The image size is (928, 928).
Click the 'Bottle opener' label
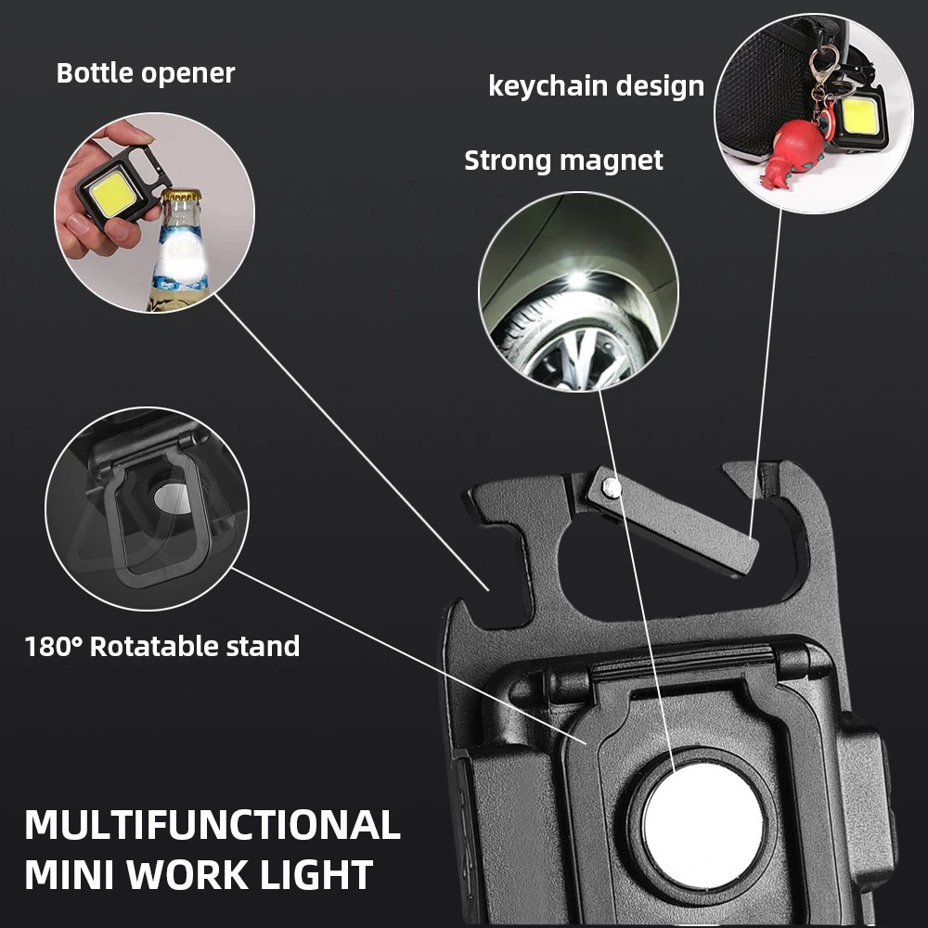(x=146, y=73)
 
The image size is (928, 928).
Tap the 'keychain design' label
(x=596, y=86)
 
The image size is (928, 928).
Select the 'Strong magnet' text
(x=563, y=161)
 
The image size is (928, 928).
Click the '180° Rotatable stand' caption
(x=162, y=646)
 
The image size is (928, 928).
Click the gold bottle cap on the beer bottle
(x=181, y=197)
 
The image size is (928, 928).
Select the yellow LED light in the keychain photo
(x=858, y=116)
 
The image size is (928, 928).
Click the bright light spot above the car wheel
(x=577, y=277)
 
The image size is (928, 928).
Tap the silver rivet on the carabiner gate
(x=611, y=484)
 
